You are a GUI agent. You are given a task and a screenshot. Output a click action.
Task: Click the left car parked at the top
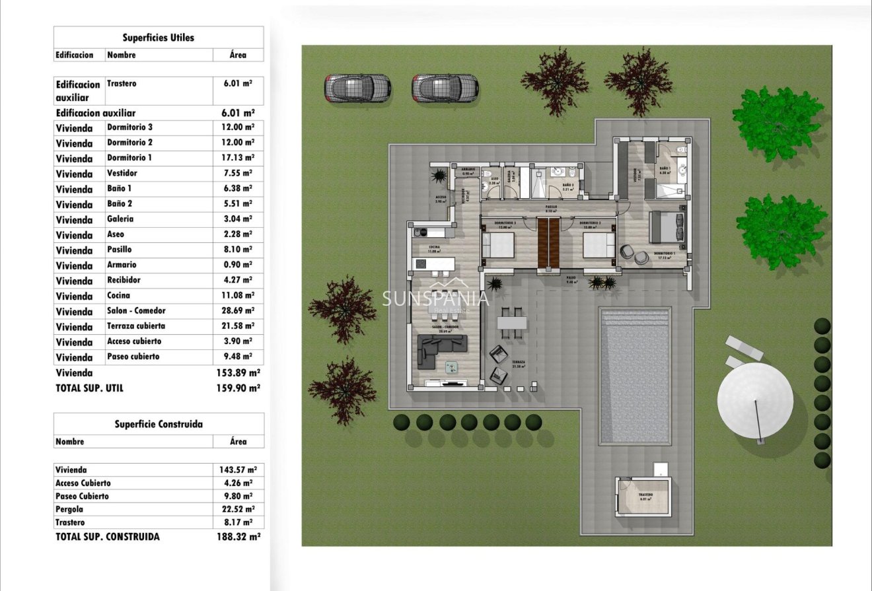(x=357, y=88)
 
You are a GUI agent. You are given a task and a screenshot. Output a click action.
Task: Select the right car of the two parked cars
(x=445, y=88)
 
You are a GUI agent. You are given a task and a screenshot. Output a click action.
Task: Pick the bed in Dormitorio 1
(x=667, y=228)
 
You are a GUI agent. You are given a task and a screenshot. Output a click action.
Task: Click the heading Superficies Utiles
(x=159, y=38)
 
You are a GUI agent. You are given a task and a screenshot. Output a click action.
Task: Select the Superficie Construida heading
(x=159, y=425)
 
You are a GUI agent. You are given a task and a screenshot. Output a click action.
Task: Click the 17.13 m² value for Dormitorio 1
(x=238, y=158)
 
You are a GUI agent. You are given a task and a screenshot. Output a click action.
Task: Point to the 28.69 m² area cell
(x=238, y=311)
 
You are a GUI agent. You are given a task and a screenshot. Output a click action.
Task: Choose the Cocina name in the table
(x=118, y=296)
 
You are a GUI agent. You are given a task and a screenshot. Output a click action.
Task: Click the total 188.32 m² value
(x=238, y=537)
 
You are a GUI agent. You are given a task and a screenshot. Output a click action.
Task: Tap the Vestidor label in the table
(x=122, y=174)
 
